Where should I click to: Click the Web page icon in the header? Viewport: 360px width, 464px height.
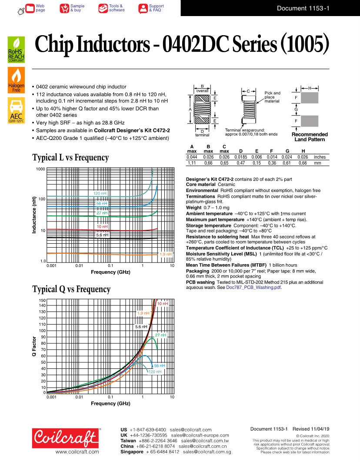(x=30, y=8)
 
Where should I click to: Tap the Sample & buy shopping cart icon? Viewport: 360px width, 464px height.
(x=64, y=8)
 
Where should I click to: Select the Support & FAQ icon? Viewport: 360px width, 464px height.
(x=143, y=8)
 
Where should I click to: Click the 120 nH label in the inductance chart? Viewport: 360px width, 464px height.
(x=100, y=193)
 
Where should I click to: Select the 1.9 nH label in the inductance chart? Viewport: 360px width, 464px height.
(x=166, y=254)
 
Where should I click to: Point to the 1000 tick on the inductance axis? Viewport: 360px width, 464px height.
(x=40, y=169)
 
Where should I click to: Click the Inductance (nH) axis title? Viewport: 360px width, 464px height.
(x=34, y=215)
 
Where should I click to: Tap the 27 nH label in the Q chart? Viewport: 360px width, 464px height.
(x=160, y=335)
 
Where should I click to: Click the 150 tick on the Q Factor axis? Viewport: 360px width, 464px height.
(x=42, y=300)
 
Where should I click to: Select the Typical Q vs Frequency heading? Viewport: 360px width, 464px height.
(x=71, y=289)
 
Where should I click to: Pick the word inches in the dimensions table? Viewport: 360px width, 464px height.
(x=320, y=157)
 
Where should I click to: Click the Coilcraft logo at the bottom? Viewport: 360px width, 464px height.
(x=66, y=437)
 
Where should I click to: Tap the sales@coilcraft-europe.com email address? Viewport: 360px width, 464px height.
(x=200, y=435)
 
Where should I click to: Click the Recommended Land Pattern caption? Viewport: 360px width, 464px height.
(x=310, y=137)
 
